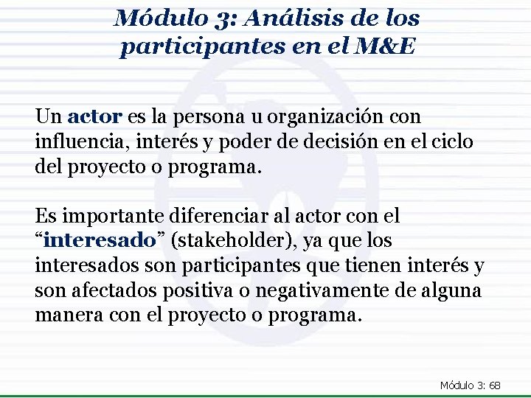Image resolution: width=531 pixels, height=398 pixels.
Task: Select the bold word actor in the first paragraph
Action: (94, 116)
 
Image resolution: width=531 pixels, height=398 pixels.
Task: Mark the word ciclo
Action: (454, 141)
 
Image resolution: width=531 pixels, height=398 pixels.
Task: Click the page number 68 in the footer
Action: (494, 385)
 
